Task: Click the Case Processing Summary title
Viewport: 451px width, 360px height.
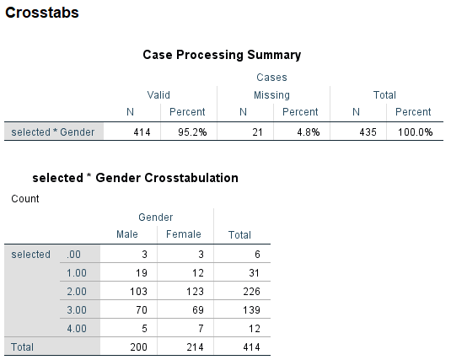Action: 221,55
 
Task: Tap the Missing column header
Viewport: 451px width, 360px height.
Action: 271,95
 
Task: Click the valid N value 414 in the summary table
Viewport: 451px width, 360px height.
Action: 142,132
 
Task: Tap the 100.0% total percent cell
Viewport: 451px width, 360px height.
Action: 415,132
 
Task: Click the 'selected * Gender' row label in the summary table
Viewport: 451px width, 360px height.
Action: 52,132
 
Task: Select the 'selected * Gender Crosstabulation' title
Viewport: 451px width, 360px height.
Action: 135,178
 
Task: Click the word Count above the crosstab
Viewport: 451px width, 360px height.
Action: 24,199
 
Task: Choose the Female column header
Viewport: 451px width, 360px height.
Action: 183,234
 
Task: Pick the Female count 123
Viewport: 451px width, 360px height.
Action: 184,291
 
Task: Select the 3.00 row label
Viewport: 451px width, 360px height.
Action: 76,309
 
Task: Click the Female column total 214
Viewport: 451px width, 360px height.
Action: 184,347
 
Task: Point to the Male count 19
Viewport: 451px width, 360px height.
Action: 130,272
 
